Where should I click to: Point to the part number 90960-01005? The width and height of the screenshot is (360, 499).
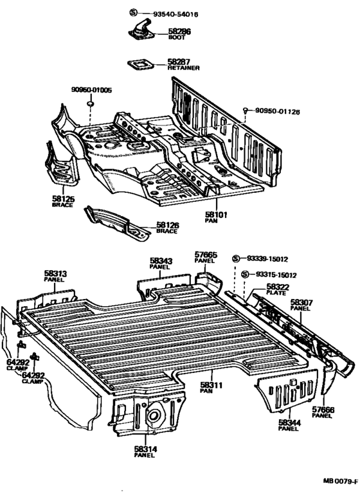(91, 90)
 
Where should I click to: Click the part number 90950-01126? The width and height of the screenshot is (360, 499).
(277, 112)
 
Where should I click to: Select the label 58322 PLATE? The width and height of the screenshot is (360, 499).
(278, 289)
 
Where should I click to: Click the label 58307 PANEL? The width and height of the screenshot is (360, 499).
(300, 304)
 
